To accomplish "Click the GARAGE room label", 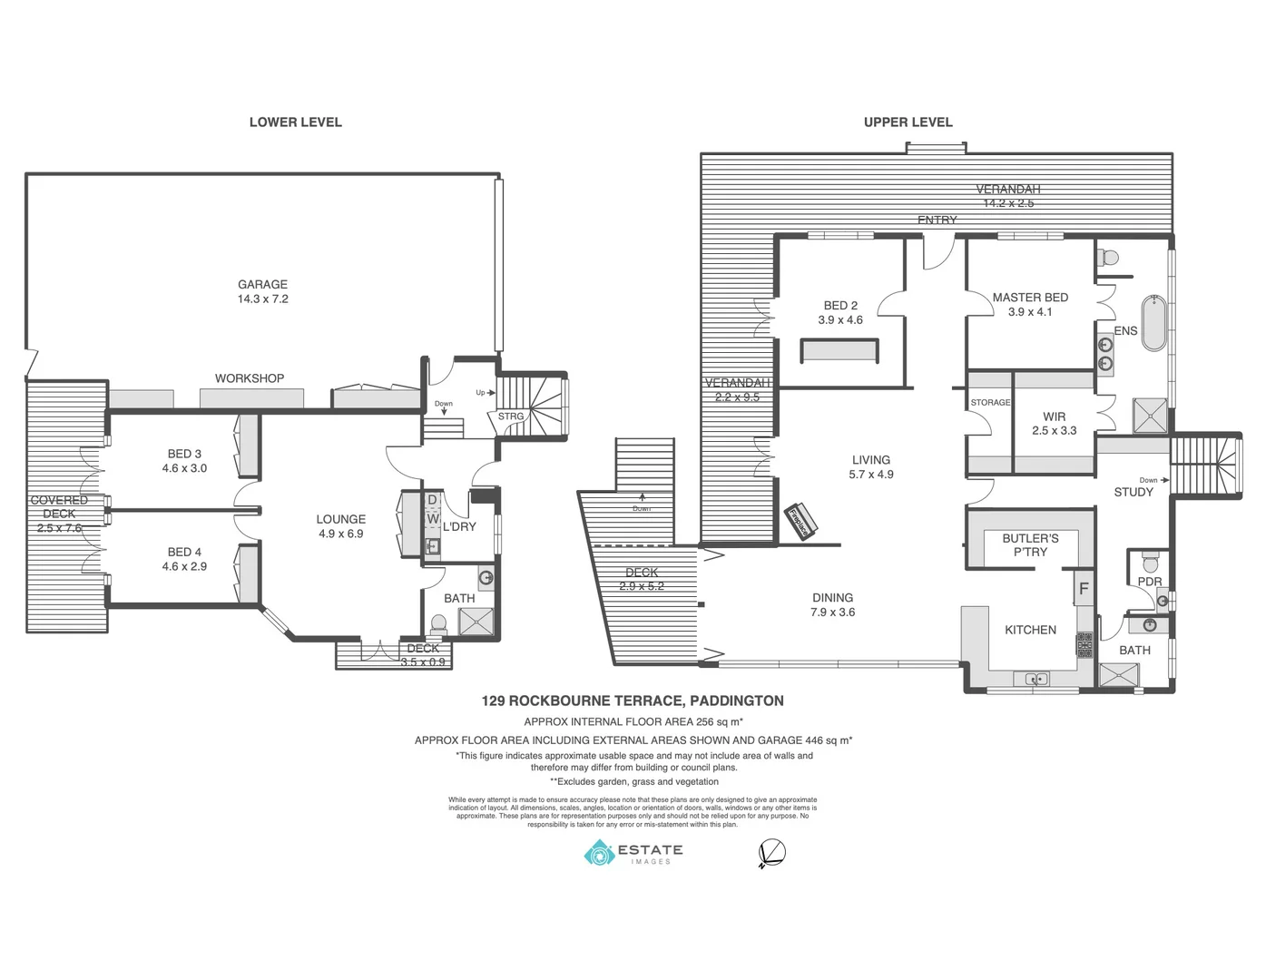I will point(262,284).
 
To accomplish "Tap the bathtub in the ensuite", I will point(1153,322).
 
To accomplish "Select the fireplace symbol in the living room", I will point(800,520).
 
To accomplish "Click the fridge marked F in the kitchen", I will point(1083,589).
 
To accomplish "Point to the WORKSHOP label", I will point(250,378).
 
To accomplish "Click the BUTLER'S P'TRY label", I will point(1030,545).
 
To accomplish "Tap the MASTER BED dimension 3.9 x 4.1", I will point(1030,312).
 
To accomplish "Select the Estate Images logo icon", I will point(599,853).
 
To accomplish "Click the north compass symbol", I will point(771,853).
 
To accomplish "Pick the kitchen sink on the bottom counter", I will point(1036,679).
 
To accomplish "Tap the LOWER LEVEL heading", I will point(295,122).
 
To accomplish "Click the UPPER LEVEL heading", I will point(908,122).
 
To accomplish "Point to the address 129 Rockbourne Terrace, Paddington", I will point(633,701).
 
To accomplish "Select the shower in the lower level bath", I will point(476,622).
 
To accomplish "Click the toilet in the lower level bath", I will point(439,624).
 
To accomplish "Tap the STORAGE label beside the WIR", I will point(990,402).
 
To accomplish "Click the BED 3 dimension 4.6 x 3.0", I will point(184,468).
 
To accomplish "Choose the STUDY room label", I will point(1134,492).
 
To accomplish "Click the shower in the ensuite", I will point(1150,416).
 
